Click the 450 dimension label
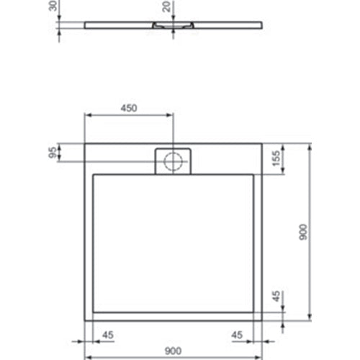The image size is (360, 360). tap(128, 108)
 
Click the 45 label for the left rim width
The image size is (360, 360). tap(109, 334)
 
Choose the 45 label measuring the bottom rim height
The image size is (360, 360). tap(276, 297)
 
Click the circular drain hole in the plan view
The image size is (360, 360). tap(173, 161)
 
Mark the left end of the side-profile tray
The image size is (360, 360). tap(86, 26)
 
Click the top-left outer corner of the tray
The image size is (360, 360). tap(86, 143)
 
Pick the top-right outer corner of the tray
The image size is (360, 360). tap(261, 143)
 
